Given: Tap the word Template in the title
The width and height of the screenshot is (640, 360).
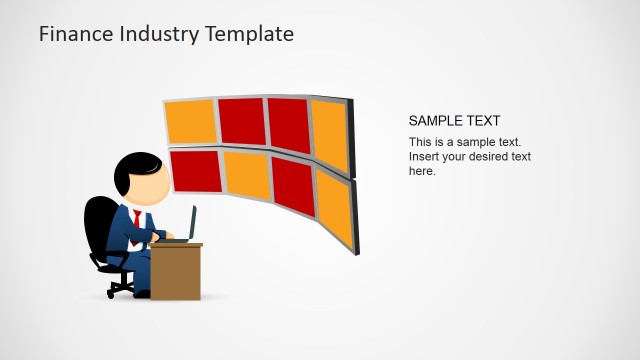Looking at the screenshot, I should (249, 34).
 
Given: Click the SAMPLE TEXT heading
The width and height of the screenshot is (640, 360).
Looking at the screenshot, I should (454, 121).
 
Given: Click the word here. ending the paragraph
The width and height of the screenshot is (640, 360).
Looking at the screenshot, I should (422, 171).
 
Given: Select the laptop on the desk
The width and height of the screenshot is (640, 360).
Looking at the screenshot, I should (186, 228).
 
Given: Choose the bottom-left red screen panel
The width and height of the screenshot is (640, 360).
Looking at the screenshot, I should (196, 171).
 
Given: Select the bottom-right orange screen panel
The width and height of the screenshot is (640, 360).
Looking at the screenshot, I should (333, 208).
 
